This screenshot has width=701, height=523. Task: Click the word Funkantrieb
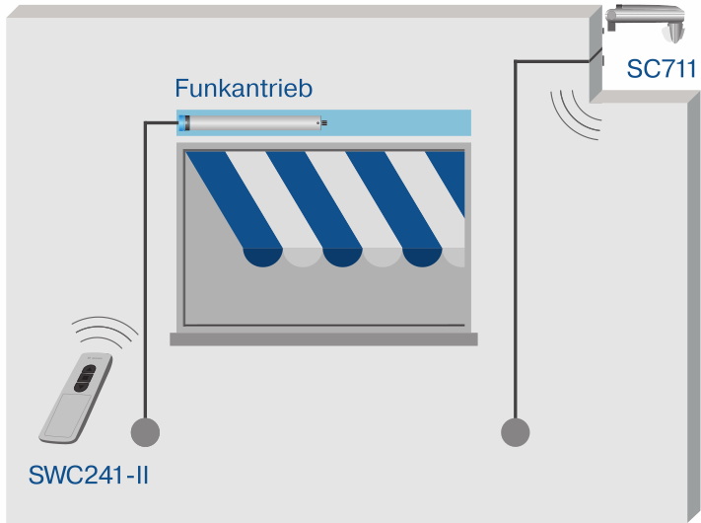click(x=244, y=89)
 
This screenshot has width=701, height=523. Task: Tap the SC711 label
click(x=662, y=69)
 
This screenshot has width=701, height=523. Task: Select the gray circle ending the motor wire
click(x=145, y=432)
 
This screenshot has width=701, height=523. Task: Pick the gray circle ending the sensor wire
click(x=515, y=432)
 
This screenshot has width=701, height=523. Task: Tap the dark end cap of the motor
click(x=183, y=122)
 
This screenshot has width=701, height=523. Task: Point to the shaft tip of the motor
click(x=323, y=122)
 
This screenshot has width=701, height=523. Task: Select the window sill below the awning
click(x=323, y=338)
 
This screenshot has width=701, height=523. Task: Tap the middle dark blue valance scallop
click(x=341, y=257)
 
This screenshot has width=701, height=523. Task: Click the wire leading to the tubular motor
click(x=145, y=266)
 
